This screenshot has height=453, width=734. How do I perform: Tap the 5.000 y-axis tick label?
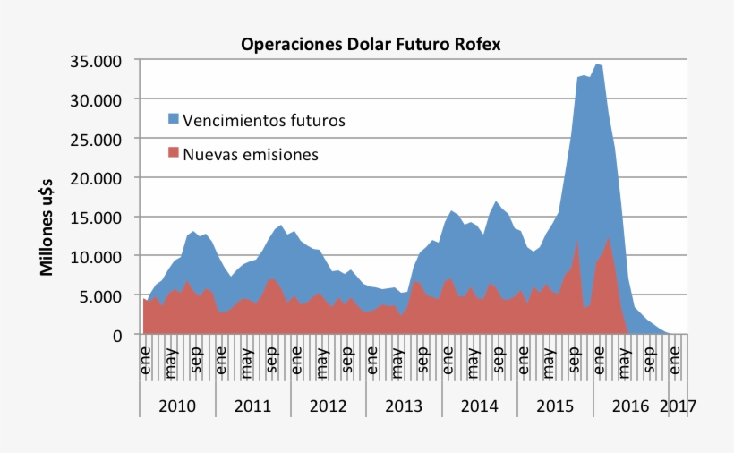102,295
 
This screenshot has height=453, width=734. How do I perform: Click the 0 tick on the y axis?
117,335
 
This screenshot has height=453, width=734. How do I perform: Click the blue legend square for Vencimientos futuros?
174,119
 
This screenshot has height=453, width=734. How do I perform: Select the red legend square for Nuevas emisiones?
174,154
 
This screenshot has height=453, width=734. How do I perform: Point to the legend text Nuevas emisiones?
251,155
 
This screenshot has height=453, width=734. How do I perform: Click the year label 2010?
177,406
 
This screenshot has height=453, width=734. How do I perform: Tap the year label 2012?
329,406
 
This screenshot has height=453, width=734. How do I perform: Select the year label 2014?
480,406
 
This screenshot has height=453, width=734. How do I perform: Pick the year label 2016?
630,406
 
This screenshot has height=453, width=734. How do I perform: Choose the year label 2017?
678,406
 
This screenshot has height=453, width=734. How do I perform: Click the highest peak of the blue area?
597,64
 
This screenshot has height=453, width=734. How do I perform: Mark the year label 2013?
404,406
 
